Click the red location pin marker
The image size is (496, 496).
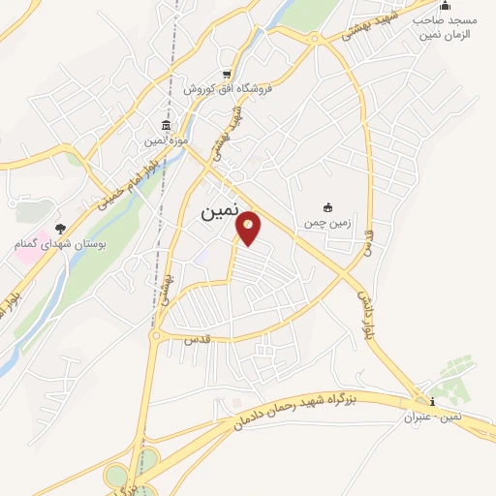(x=249, y=227)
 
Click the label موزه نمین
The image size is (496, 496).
(x=165, y=142)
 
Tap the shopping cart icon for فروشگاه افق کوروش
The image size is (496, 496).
(x=227, y=75)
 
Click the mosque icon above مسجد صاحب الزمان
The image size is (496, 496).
(x=445, y=6)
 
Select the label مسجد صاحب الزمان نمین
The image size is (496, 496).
(x=445, y=26)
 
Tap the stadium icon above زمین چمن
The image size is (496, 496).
(x=327, y=206)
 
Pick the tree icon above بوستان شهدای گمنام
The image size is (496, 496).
(x=61, y=228)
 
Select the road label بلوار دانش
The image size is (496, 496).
(x=364, y=308)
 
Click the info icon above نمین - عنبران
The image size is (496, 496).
(x=432, y=403)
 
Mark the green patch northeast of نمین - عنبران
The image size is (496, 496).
(x=451, y=372)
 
